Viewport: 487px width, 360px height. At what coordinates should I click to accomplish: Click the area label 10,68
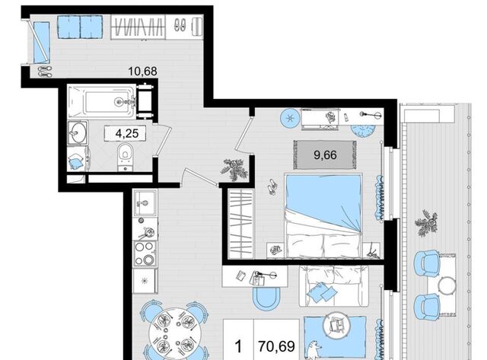tap(142, 71)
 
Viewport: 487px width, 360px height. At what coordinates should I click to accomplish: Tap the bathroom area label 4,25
tap(127, 133)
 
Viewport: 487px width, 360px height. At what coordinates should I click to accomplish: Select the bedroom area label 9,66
tap(325, 155)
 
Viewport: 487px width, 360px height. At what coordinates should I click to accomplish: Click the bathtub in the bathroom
tap(102, 101)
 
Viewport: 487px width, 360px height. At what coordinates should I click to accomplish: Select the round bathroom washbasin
tap(76, 132)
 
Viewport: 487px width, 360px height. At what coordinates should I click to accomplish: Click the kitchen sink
tap(145, 202)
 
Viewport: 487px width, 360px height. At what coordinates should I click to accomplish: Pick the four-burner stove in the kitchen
tap(145, 253)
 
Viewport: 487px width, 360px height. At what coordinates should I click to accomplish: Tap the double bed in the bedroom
tap(323, 215)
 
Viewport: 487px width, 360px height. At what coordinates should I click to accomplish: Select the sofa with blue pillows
tap(331, 286)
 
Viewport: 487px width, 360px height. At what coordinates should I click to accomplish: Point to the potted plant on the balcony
tap(426, 223)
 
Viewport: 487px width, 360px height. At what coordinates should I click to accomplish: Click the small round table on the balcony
tap(447, 285)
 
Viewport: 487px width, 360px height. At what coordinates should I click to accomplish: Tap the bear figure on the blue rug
tap(314, 349)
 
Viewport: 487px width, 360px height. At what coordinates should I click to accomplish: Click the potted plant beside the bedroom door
tap(234, 169)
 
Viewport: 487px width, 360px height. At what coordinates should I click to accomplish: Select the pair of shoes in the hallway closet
tap(180, 24)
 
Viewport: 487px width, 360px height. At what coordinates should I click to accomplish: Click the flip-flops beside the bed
tap(272, 187)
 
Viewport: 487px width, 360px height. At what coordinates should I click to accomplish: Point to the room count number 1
tap(238, 346)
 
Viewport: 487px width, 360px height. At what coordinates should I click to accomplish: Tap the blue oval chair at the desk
tap(265, 297)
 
